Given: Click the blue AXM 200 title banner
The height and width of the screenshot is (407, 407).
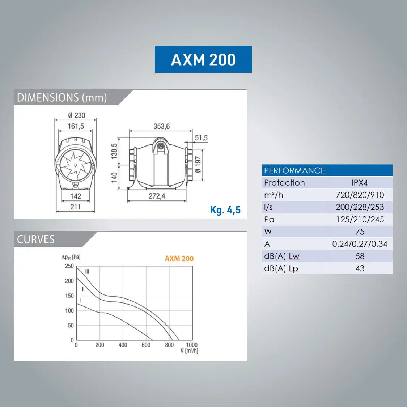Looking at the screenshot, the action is point(203,59).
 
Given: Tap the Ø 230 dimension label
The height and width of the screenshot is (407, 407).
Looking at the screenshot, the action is point(77,115).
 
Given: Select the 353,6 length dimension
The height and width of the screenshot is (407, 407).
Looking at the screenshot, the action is point(161,126).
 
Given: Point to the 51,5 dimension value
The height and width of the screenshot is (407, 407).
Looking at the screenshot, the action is point(201,137).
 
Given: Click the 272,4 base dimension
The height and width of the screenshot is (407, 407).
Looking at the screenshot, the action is point(157,196).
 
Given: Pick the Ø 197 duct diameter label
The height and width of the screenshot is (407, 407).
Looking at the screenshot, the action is point(198,164).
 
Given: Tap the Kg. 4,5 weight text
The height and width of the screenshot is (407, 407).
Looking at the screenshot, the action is point(225,210).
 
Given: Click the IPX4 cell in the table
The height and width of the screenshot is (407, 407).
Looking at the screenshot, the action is point(360,183).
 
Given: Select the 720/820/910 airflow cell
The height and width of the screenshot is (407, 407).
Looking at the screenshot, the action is point(360,195).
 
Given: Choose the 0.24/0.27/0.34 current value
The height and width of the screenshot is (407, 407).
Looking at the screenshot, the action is point(360,244).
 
